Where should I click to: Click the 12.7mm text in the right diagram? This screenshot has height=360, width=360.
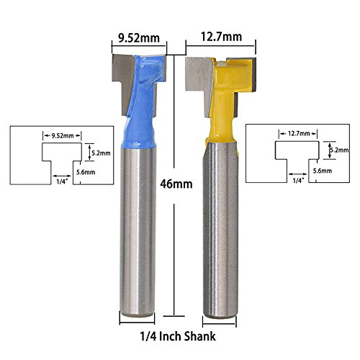[x=297, y=132]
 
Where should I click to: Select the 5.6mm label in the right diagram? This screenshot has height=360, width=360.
[x=323, y=171]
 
